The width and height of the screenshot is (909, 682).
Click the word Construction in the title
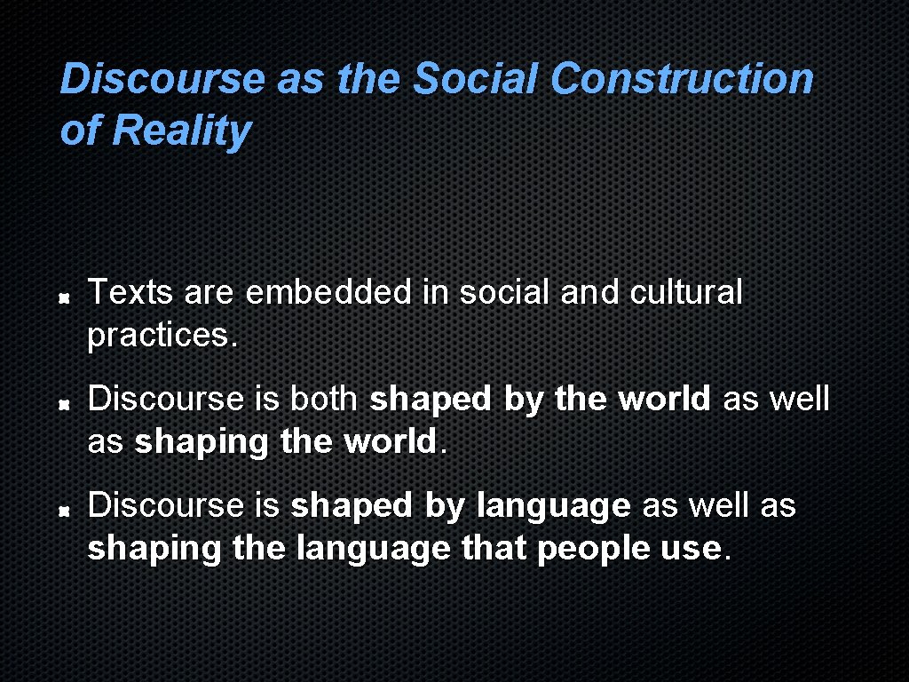point(681,79)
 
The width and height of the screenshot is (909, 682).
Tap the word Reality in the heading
point(182,131)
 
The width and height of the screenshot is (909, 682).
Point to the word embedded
point(328,292)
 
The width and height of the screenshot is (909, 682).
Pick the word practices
point(163,336)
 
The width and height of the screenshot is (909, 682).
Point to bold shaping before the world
point(202,442)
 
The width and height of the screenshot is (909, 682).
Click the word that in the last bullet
point(494,549)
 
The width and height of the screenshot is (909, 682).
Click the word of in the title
point(80,131)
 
